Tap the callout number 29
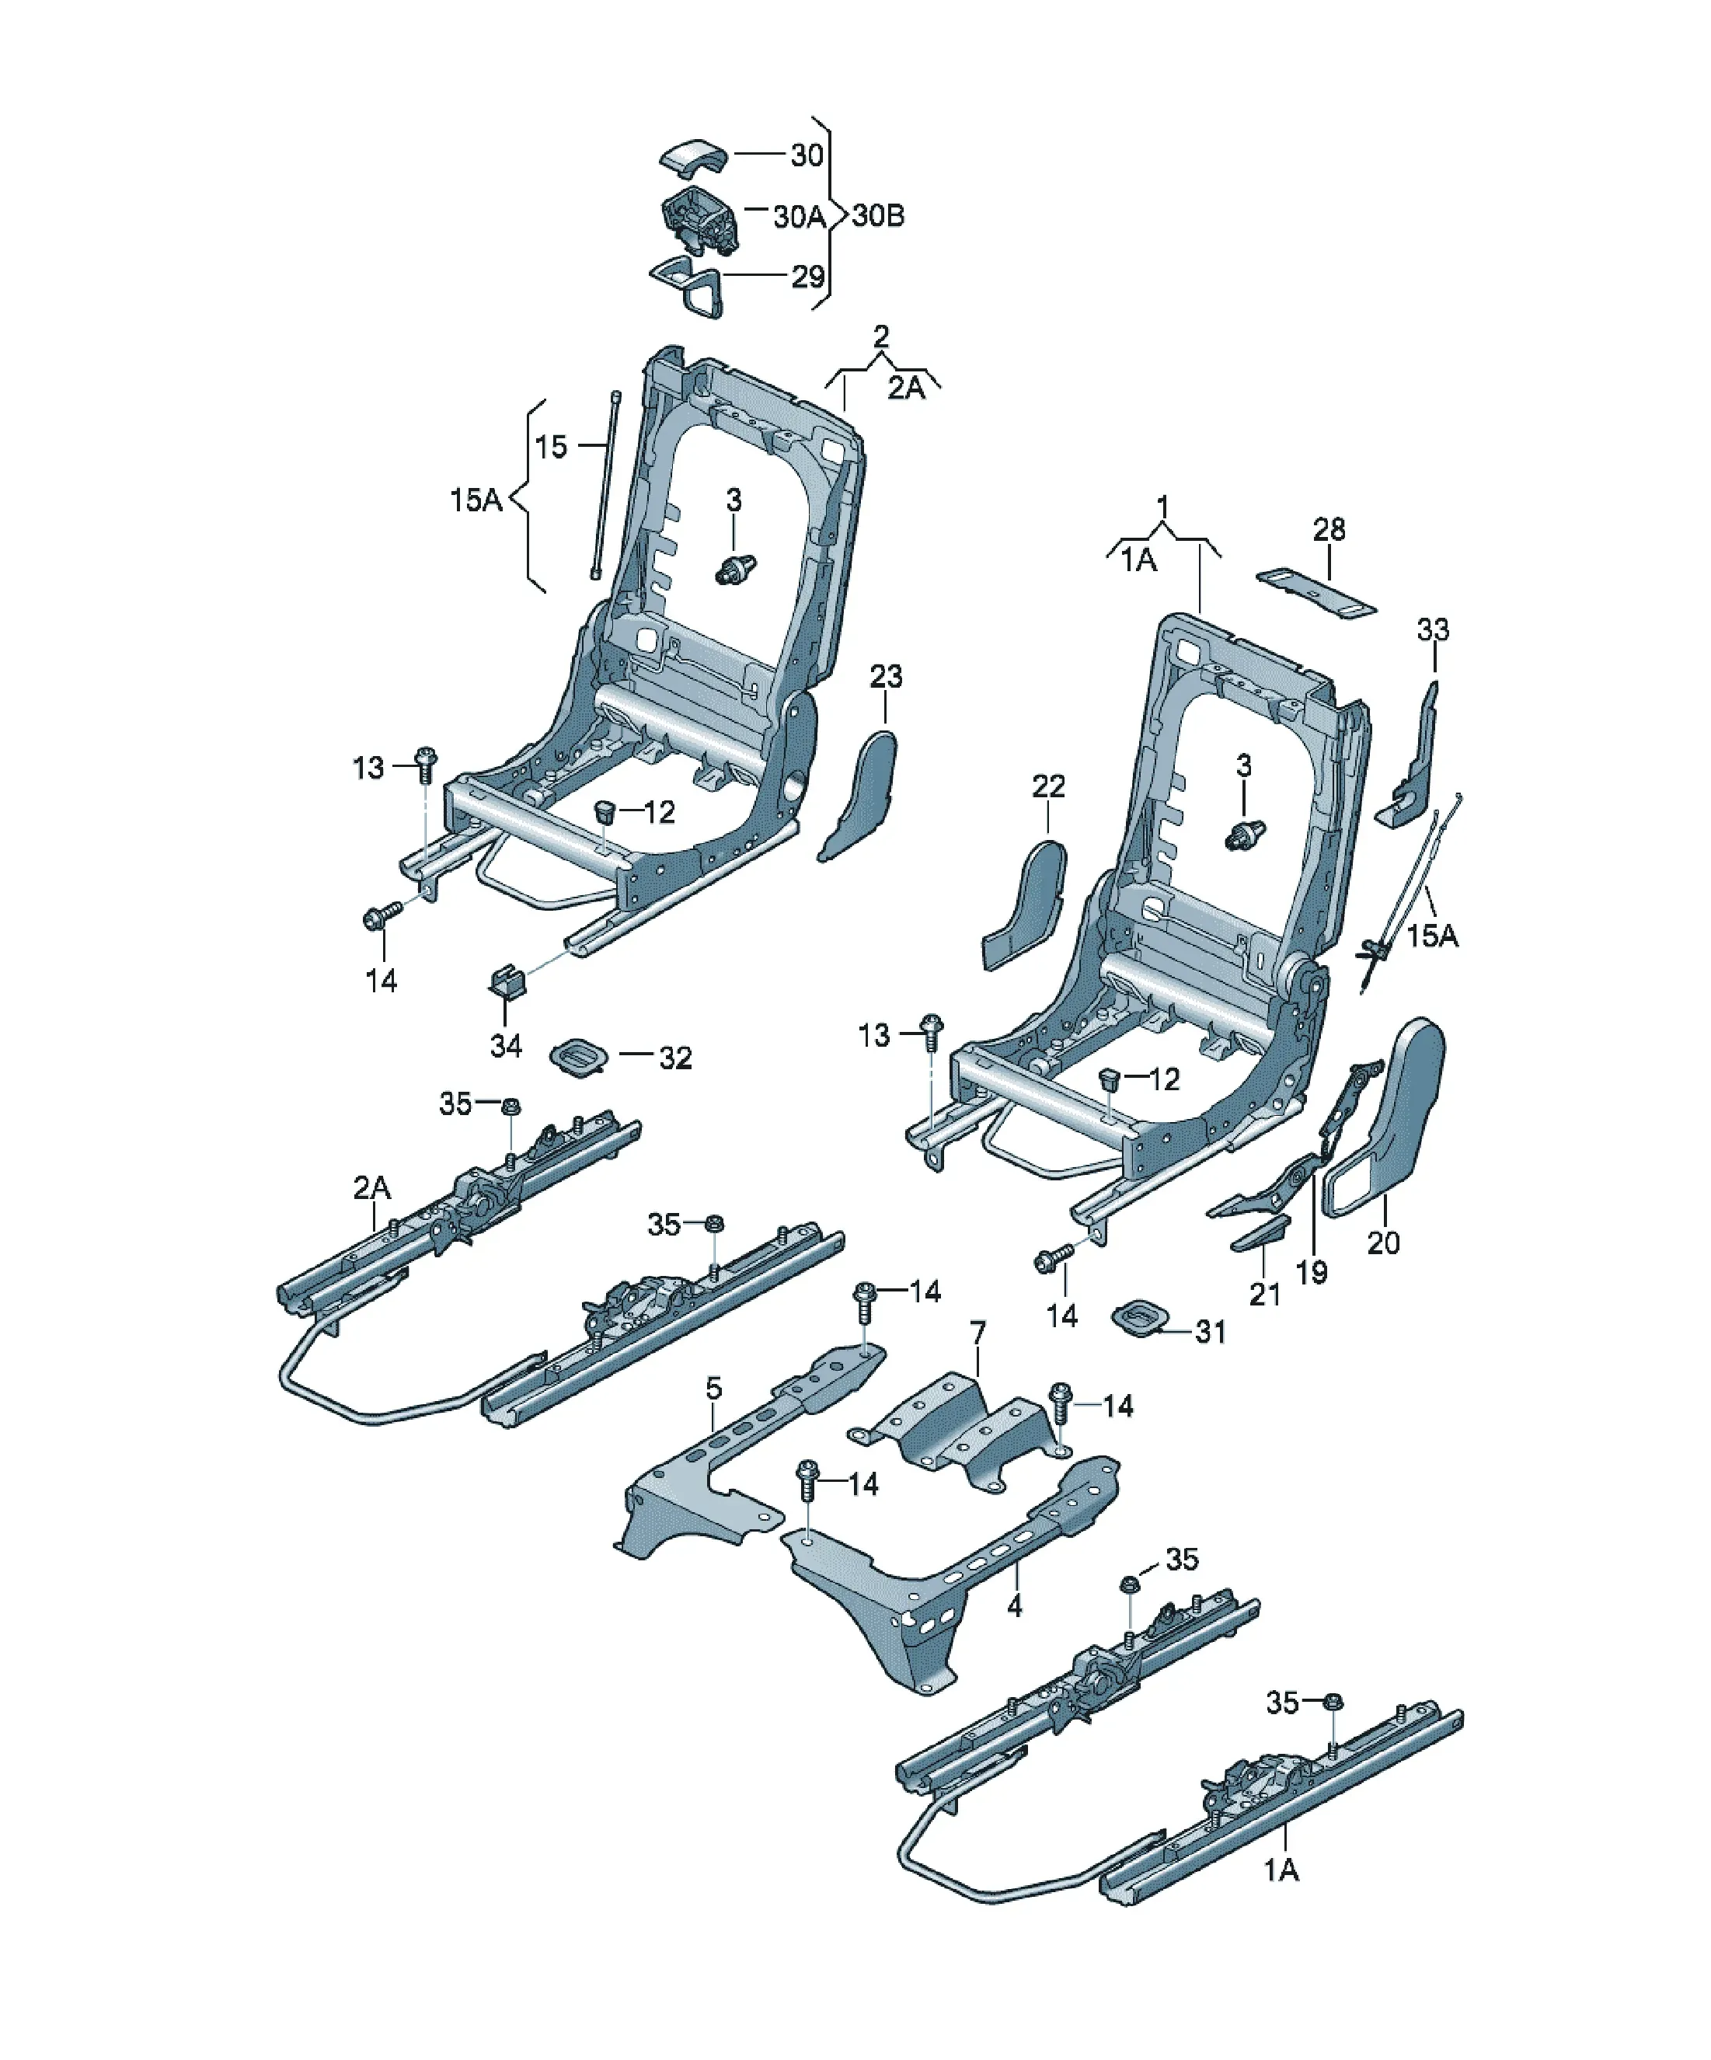807,277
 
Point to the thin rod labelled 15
604,486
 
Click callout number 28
1329,530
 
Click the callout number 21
1265,1295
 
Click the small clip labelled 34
507,980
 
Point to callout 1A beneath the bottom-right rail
1281,1870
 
